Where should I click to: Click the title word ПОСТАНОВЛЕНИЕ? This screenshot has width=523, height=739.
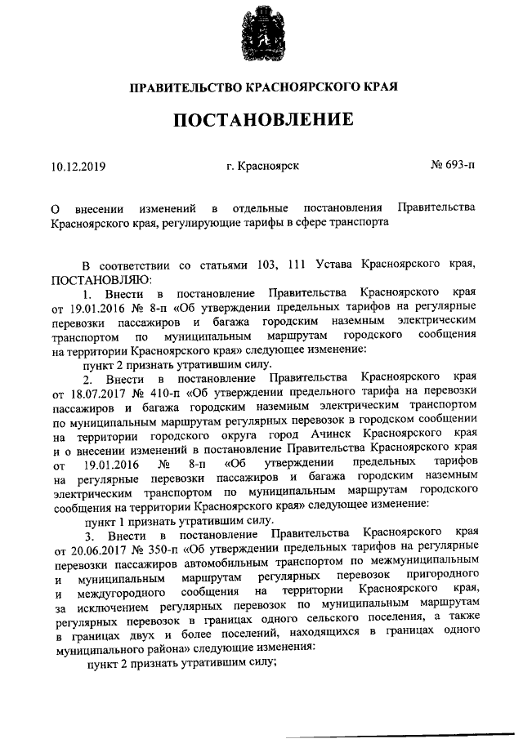point(262,120)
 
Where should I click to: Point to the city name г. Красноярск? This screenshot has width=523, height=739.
point(262,167)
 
